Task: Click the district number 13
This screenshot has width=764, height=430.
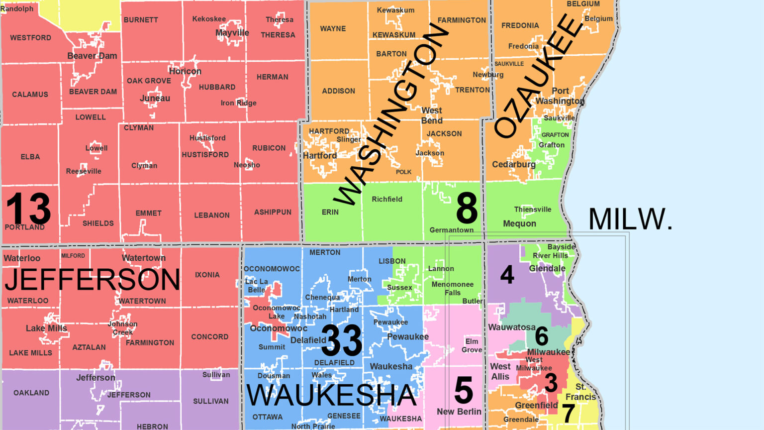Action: tap(28, 209)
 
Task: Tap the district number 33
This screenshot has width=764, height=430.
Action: tap(342, 340)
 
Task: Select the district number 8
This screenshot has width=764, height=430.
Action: tap(467, 209)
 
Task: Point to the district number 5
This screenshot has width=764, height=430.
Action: tap(464, 390)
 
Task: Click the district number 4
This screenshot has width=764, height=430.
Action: tap(507, 274)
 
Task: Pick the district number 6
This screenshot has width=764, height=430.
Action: tap(542, 337)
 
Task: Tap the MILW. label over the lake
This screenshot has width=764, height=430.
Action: tap(630, 219)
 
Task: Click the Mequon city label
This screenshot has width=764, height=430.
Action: tap(519, 223)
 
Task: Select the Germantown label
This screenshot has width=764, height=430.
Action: tap(451, 230)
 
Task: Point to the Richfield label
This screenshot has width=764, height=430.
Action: tap(387, 199)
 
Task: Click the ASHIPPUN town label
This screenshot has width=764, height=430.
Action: tap(273, 212)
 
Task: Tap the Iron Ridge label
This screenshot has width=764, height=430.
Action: tap(239, 103)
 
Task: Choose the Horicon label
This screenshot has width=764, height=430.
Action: tap(185, 71)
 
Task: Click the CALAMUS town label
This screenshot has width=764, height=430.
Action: tap(30, 94)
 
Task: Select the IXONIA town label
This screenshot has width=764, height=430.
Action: tap(207, 275)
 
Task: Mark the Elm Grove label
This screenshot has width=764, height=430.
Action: tap(472, 345)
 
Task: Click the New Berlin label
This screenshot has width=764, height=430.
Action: tap(459, 412)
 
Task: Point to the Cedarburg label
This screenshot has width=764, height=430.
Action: tap(514, 164)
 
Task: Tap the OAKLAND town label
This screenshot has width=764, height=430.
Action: tap(31, 393)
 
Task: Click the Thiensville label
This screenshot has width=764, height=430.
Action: tap(532, 210)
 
